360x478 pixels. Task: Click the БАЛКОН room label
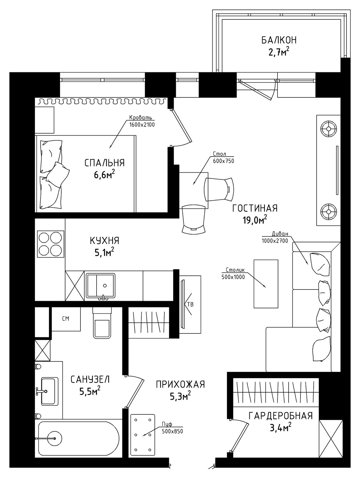(279, 40)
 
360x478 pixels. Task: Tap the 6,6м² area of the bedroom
(104, 175)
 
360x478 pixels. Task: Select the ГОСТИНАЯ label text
(255, 208)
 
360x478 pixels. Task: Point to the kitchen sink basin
(101, 286)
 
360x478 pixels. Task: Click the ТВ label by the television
(190, 304)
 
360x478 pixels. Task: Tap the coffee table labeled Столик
(266, 284)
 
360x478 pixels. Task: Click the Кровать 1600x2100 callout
(142, 121)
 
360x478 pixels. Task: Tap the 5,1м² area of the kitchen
(104, 253)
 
